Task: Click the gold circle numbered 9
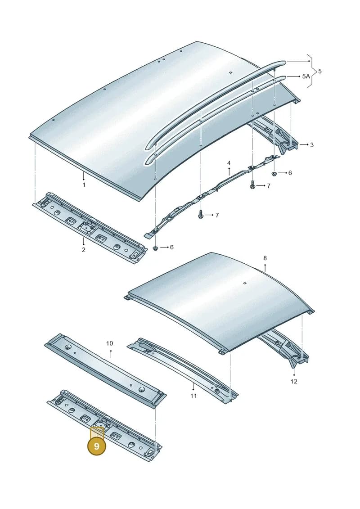point(96,446)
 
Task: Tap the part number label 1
point(84,185)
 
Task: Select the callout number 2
point(83,250)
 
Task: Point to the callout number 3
point(312,145)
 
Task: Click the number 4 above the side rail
point(229,163)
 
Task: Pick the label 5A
point(306,77)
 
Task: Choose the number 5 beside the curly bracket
point(320,71)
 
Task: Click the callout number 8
point(265,258)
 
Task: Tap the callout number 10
point(109,343)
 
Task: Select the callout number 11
point(193,396)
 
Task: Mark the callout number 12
point(294,381)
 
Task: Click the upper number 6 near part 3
point(290,173)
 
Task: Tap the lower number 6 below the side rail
point(171,248)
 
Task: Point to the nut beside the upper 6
point(274,173)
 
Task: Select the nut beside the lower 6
point(155,248)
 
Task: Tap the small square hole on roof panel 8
point(243,283)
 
